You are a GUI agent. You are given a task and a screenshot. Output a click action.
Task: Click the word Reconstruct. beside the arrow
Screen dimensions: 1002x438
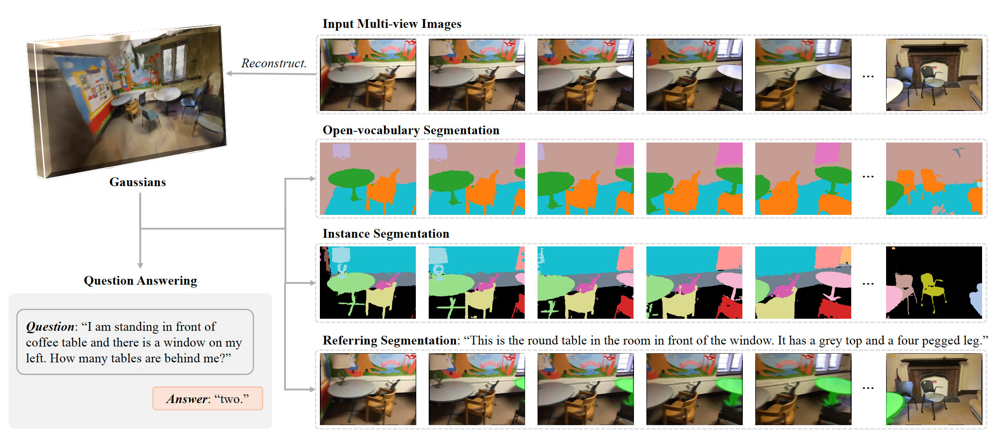tap(274, 63)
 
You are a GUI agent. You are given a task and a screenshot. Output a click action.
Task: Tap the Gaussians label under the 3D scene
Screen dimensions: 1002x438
tap(138, 182)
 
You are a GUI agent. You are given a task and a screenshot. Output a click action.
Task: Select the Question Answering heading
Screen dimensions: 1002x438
tap(140, 281)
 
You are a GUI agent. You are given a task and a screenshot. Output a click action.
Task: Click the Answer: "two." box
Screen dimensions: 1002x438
tap(208, 399)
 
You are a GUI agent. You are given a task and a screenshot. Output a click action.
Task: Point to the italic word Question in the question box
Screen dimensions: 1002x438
tap(50, 327)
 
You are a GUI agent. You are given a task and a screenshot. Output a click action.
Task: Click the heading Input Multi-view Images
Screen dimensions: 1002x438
tap(392, 24)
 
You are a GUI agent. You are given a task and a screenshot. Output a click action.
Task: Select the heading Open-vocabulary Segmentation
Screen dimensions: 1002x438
tap(411, 130)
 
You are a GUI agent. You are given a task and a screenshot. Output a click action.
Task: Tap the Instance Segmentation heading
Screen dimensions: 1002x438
tap(386, 234)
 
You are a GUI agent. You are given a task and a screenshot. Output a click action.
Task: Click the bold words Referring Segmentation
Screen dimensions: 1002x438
tap(390, 340)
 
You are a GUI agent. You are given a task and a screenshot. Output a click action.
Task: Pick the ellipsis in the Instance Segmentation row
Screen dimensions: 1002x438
tap(868, 284)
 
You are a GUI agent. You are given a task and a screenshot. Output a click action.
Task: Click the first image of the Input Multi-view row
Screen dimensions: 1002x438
tap(368, 75)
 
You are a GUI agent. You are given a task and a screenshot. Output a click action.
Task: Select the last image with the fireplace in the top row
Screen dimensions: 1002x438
tap(934, 75)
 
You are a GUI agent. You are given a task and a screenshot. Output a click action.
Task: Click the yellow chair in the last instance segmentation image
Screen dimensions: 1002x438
tap(933, 289)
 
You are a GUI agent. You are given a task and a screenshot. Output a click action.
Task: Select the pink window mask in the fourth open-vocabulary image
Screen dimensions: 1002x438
tap(729, 153)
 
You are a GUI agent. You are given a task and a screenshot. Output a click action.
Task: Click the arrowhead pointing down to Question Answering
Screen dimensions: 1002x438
tap(140, 266)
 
